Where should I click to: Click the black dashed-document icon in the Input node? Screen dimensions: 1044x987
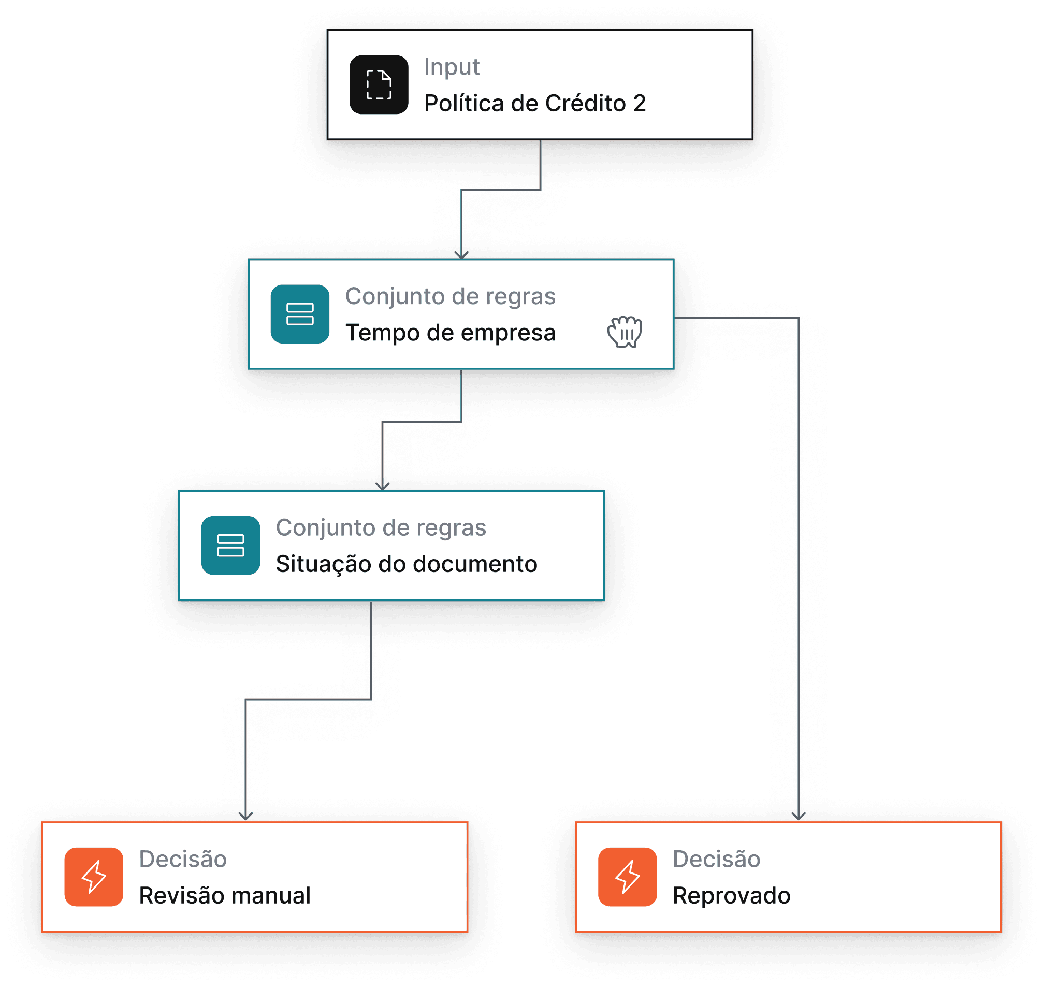click(x=379, y=84)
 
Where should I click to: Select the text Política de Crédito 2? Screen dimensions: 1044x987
click(x=534, y=103)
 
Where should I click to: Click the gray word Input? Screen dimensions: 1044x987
click(x=451, y=67)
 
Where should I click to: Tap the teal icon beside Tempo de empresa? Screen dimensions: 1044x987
click(x=300, y=314)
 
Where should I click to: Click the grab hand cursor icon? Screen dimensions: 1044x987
click(x=625, y=332)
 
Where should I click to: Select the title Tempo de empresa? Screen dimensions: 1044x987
click(x=450, y=333)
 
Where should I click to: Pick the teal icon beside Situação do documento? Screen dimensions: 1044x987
click(x=230, y=545)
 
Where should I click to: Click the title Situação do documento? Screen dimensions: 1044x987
click(x=406, y=564)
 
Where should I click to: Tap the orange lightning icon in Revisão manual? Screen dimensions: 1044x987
click(x=94, y=877)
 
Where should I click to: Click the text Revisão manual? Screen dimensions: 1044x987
click(x=225, y=895)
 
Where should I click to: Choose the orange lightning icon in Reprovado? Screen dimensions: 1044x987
click(x=627, y=877)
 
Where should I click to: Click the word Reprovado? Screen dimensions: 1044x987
click(x=731, y=895)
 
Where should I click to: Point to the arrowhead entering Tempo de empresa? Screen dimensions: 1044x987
click(x=461, y=254)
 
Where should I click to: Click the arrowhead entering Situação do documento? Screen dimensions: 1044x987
click(x=382, y=486)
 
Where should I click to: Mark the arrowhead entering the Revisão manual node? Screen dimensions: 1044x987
click(x=245, y=816)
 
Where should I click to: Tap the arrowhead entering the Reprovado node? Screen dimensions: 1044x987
click(x=799, y=816)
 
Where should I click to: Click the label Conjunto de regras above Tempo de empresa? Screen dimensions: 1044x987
click(x=450, y=297)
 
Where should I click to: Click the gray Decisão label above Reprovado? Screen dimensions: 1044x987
click(x=716, y=859)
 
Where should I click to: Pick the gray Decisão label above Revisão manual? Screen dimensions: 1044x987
click(x=182, y=859)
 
